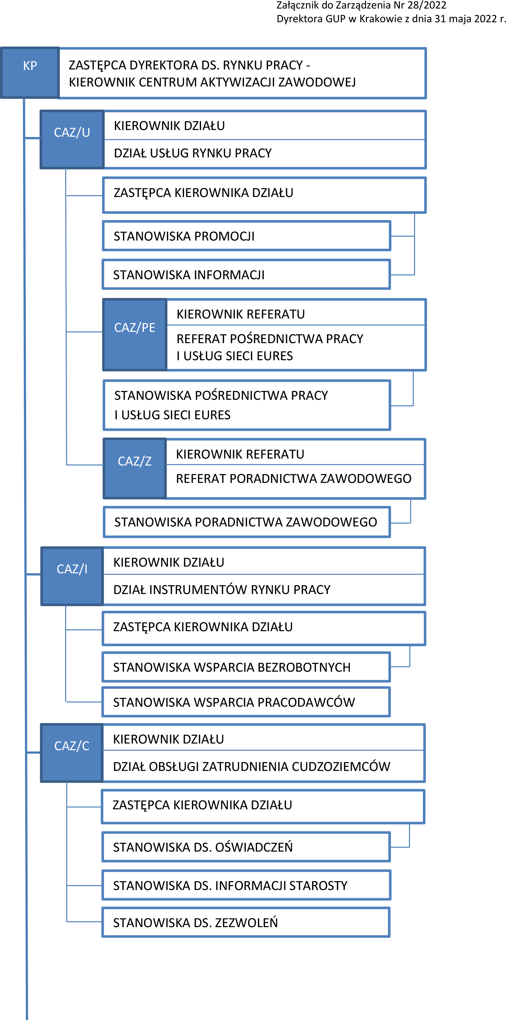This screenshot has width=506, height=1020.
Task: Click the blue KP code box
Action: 30,73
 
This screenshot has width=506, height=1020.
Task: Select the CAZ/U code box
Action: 72,139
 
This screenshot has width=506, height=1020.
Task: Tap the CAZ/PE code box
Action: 134,335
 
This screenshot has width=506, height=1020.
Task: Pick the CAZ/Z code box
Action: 134,468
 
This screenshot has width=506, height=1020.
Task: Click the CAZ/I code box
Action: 72,576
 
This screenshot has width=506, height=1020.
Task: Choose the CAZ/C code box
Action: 72,753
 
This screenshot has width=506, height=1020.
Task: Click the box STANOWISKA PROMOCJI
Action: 246,236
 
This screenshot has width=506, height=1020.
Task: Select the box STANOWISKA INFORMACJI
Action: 246,274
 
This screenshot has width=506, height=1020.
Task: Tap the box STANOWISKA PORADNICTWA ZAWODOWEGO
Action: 247,522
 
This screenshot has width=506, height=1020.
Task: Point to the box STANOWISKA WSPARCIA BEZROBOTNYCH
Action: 246,667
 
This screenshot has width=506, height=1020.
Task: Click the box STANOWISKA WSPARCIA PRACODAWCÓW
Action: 246,702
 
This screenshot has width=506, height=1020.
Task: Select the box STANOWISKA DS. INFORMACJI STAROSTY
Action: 246,885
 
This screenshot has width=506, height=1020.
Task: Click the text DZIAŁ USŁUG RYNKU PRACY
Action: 193,153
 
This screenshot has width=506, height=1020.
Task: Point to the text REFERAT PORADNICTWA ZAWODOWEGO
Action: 294,479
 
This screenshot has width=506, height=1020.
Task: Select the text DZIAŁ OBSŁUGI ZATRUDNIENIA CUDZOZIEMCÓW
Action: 252,767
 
